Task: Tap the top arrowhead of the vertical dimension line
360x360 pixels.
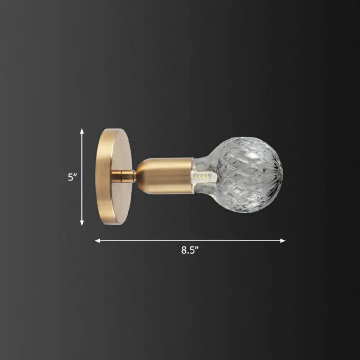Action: click(82, 131)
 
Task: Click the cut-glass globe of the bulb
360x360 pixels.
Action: click(252, 169)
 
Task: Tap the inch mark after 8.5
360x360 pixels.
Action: click(198, 249)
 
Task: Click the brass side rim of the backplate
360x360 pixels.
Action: click(100, 176)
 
